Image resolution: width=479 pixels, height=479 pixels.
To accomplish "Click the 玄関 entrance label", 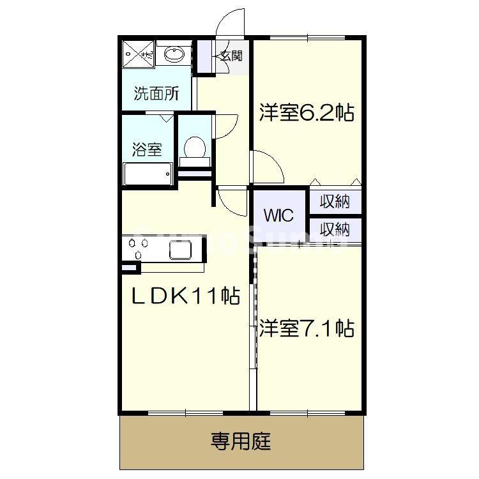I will (x=231, y=56).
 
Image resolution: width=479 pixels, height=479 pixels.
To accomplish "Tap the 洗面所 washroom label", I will (x=156, y=94).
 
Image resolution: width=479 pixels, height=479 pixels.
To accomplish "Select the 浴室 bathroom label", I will (x=146, y=149).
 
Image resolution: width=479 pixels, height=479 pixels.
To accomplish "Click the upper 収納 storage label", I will (x=335, y=202).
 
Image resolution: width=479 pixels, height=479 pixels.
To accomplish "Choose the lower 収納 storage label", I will (x=335, y=229).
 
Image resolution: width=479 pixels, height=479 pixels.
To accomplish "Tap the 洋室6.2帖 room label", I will (x=306, y=113).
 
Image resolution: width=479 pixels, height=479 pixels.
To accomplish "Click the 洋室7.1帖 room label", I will (x=306, y=329).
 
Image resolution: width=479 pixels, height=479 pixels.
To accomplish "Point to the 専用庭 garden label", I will (x=241, y=441).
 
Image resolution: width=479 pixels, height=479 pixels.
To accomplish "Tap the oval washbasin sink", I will (x=173, y=55).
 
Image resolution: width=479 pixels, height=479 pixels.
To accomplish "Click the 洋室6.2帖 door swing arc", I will (x=268, y=166).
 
